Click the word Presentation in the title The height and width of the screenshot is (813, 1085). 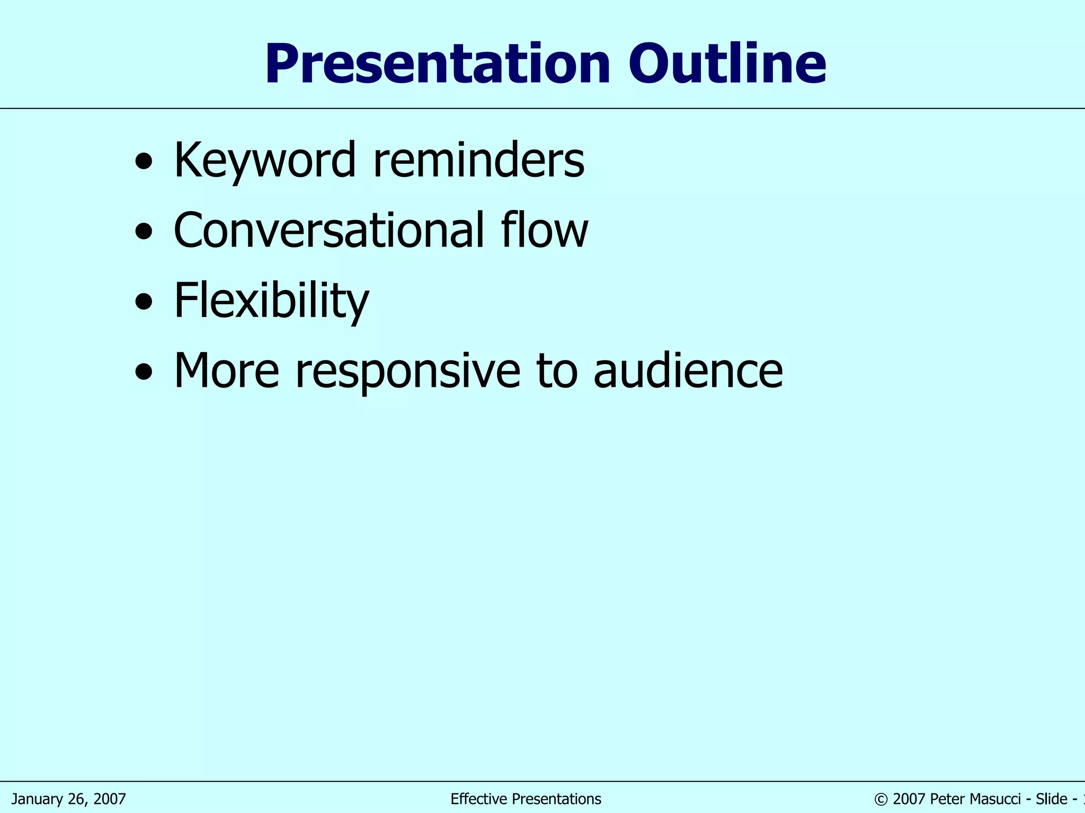tap(438, 65)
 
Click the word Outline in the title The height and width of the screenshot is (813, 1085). tap(727, 65)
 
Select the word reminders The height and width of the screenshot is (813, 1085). tap(479, 160)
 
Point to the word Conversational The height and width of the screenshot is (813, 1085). tap(328, 230)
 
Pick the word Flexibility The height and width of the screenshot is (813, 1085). tap(271, 301)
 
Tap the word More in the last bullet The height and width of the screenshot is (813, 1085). tap(227, 371)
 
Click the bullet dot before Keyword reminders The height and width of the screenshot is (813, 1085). tap(144, 161)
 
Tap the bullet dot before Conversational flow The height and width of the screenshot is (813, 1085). tap(144, 232)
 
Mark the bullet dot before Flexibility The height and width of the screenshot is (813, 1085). tap(144, 302)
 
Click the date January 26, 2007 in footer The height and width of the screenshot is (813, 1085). tap(68, 799)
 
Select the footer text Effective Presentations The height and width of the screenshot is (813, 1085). tap(526, 799)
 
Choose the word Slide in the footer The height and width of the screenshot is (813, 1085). tap(1051, 799)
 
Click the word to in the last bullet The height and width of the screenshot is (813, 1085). tap(556, 371)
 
